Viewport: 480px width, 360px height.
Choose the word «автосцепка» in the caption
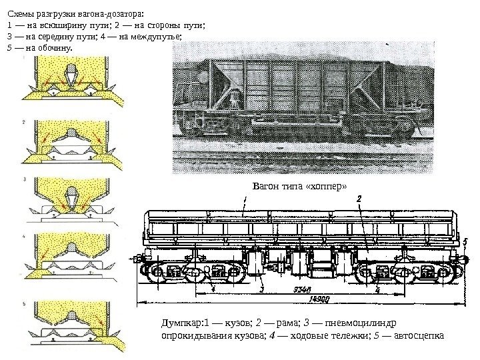417,335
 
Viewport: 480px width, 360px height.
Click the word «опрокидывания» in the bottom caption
193,335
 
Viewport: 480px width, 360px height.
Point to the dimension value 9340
303,289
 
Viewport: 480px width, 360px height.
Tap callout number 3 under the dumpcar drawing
261,290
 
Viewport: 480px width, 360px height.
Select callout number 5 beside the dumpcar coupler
465,241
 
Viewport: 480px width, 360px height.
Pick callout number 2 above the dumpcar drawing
359,199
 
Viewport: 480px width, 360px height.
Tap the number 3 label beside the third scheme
24,180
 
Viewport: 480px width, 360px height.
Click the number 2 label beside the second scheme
24,123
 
